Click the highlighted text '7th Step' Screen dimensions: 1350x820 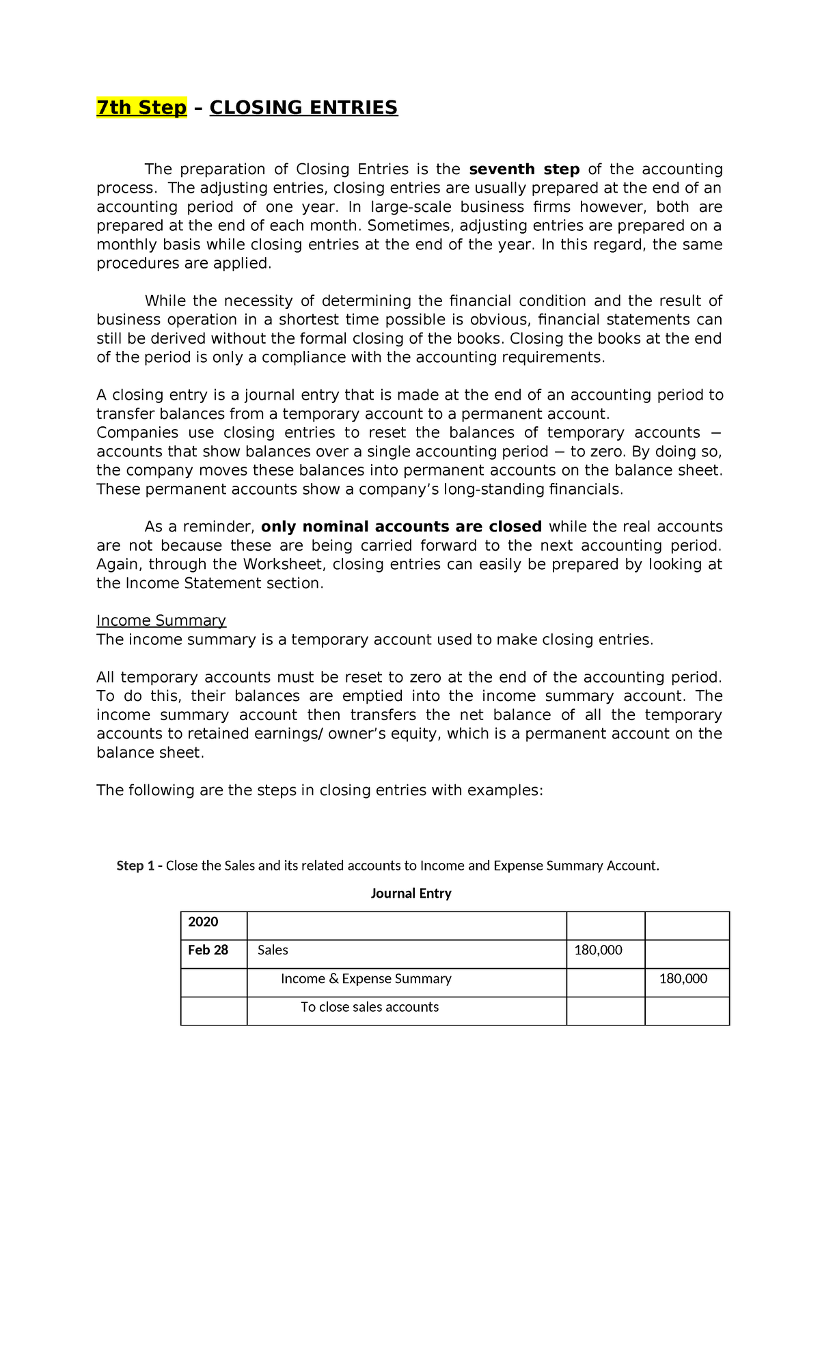pos(141,108)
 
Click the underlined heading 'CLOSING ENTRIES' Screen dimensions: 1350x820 pos(303,108)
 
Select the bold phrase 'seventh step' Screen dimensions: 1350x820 pos(524,169)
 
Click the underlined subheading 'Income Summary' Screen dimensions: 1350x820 pos(161,620)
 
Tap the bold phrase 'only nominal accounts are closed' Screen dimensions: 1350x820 pos(401,527)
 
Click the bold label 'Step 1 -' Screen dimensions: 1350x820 pos(139,866)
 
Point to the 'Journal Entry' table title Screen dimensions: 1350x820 pos(411,894)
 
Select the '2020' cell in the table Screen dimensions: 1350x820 pos(203,922)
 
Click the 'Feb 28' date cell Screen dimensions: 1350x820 pos(208,950)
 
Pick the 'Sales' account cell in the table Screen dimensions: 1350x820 pos(273,950)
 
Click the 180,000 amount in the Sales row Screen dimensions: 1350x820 pos(598,950)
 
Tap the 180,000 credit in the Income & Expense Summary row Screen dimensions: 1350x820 pos(683,979)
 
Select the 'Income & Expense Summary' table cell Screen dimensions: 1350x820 pos(366,979)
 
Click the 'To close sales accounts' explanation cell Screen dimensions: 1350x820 pos(370,1007)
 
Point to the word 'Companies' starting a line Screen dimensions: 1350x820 pos(137,432)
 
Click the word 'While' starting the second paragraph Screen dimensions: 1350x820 pos(165,301)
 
